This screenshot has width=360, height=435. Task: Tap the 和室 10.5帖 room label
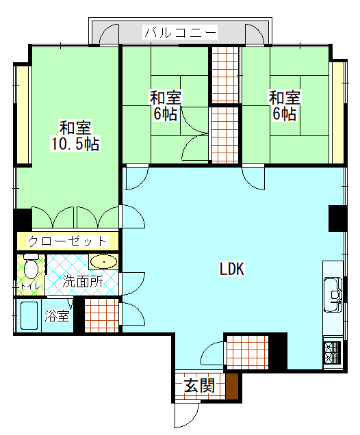(x=75, y=135)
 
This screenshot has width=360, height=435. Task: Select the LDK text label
(x=232, y=269)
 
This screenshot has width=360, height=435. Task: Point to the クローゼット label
(x=67, y=241)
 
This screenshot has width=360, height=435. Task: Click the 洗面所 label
(x=83, y=281)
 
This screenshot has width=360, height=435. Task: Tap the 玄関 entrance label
(x=200, y=386)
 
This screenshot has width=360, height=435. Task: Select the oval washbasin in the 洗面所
(x=103, y=262)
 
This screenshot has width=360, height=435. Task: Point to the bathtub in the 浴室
(x=28, y=317)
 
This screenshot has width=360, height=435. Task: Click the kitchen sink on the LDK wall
(x=333, y=293)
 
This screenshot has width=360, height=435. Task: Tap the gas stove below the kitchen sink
(x=332, y=353)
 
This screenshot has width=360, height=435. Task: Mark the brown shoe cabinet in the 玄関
(x=233, y=387)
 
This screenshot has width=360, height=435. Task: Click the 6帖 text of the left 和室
(x=165, y=114)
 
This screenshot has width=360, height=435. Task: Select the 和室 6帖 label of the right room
(x=284, y=105)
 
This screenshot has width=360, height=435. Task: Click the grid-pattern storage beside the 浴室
(x=101, y=316)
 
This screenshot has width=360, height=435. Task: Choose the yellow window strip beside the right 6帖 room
(x=337, y=113)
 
